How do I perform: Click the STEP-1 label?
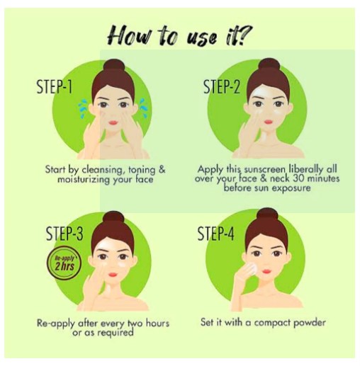[x=55, y=87]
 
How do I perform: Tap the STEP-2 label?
[x=222, y=86]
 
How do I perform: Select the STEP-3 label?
[x=64, y=234]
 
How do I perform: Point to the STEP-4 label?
[x=215, y=233]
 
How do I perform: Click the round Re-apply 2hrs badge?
[x=64, y=263]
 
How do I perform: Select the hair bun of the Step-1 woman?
[x=114, y=64]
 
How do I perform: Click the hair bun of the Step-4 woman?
[x=267, y=215]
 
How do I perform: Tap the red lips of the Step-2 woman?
[x=269, y=122]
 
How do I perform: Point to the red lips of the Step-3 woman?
[x=113, y=275]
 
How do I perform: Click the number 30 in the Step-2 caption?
[x=298, y=178]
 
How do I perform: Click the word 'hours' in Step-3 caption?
[x=157, y=323]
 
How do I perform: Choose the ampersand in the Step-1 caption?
[x=162, y=170]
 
